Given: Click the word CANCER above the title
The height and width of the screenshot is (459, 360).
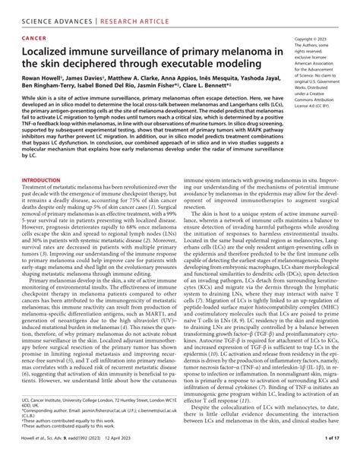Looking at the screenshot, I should click(38, 36).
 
